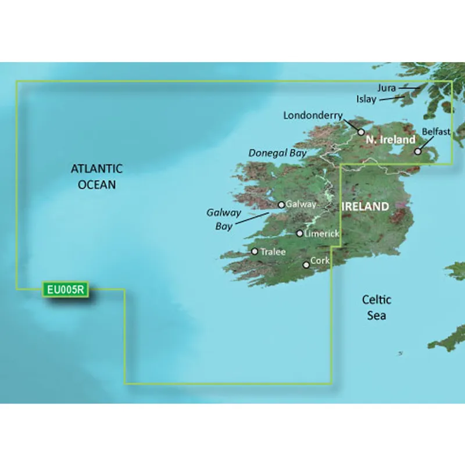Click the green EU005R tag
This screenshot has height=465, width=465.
(x=65, y=289)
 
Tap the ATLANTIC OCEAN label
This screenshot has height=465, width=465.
(x=96, y=177)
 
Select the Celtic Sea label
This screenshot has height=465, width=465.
(x=377, y=307)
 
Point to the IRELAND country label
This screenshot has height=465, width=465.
(x=365, y=206)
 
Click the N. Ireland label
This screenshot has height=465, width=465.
(x=390, y=139)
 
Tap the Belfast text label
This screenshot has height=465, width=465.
(x=436, y=132)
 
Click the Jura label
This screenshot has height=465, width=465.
(x=386, y=88)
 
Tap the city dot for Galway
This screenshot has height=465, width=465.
(x=281, y=205)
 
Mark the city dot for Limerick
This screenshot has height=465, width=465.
(x=299, y=234)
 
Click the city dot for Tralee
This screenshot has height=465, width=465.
(x=255, y=252)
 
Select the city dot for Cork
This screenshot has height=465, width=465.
(x=306, y=265)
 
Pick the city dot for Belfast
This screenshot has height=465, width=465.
(x=417, y=152)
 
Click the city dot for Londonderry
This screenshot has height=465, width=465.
(x=360, y=133)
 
